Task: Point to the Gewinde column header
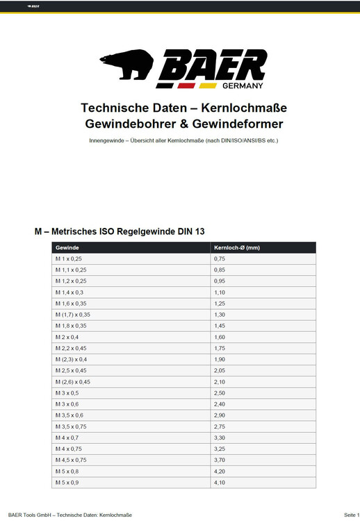click(67, 247)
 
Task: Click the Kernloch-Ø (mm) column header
click(236, 247)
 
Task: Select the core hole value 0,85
click(220, 270)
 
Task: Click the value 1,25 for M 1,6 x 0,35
click(220, 304)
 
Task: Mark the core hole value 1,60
click(220, 337)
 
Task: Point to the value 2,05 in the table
click(220, 370)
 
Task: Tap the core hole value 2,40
click(220, 404)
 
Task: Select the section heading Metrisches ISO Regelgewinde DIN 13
click(120, 231)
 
